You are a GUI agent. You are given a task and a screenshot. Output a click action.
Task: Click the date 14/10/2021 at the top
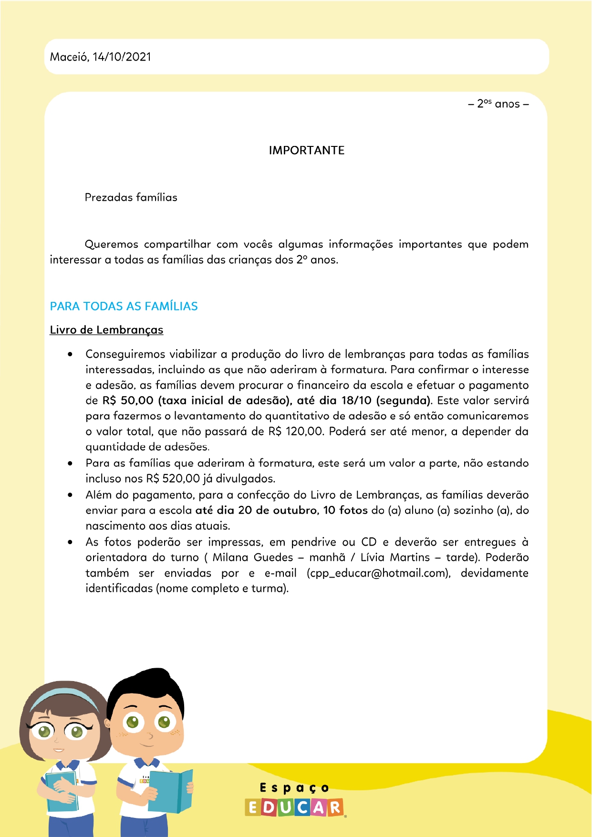pyautogui.click(x=122, y=57)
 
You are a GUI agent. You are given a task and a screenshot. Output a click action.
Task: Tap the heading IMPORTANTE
pyautogui.click(x=306, y=150)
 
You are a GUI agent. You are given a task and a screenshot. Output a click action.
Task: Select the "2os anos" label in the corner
pyautogui.click(x=498, y=104)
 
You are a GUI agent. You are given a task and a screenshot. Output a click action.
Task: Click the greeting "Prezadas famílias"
pyautogui.click(x=131, y=197)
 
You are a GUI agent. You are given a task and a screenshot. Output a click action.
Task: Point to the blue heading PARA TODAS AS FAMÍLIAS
pyautogui.click(x=124, y=306)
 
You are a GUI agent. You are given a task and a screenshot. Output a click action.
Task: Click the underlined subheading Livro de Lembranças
pyautogui.click(x=106, y=330)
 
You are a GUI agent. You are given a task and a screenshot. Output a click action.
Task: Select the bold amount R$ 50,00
pyautogui.click(x=128, y=401)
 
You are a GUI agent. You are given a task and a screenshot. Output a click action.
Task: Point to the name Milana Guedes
pyautogui.click(x=253, y=558)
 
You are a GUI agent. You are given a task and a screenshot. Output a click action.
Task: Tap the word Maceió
pyautogui.click(x=69, y=57)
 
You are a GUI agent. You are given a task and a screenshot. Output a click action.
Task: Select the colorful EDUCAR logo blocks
pyautogui.click(x=294, y=807)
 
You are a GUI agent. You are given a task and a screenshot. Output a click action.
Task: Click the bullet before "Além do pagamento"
pyautogui.click(x=70, y=495)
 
